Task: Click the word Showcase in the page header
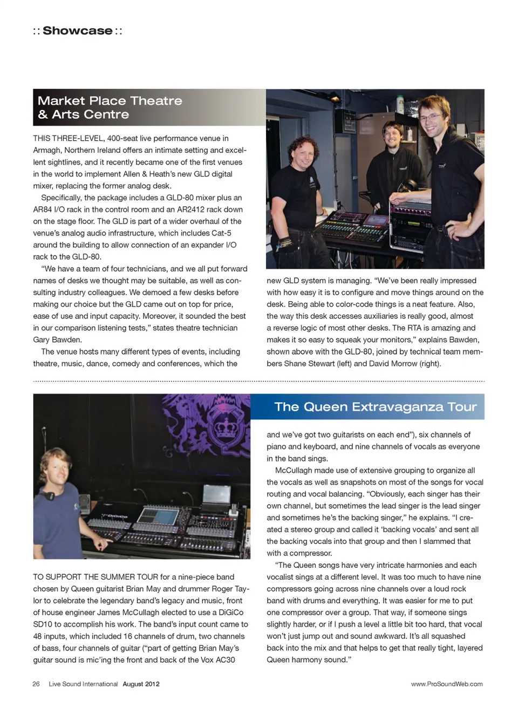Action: click(x=78, y=31)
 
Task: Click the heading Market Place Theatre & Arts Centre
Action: click(x=110, y=107)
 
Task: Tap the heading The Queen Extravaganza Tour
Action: click(x=375, y=407)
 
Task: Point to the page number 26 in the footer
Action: click(x=36, y=684)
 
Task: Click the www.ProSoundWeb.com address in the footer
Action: click(x=447, y=684)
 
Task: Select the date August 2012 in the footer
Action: click(x=141, y=684)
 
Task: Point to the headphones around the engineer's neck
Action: click(x=50, y=494)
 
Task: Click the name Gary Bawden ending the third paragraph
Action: click(x=57, y=340)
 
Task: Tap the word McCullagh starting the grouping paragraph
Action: click(x=294, y=471)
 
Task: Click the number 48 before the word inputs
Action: click(x=38, y=636)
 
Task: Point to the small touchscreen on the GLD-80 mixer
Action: click(x=376, y=220)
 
